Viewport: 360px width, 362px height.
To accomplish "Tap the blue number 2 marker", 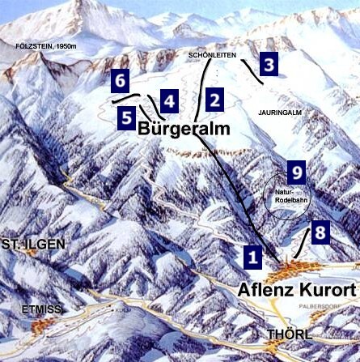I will point(214,100).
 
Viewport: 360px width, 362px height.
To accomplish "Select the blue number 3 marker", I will point(269,63).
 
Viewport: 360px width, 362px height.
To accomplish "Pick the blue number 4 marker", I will point(168,100).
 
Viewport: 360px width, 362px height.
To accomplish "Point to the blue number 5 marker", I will point(127,117).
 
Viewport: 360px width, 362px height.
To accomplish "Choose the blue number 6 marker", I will point(120,81).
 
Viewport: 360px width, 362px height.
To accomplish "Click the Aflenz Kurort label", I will point(298,290).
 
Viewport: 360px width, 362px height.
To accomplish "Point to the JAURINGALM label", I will point(279,112).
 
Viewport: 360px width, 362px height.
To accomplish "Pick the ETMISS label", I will point(25,309).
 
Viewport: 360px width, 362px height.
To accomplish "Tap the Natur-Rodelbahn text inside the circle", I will point(288,194).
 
